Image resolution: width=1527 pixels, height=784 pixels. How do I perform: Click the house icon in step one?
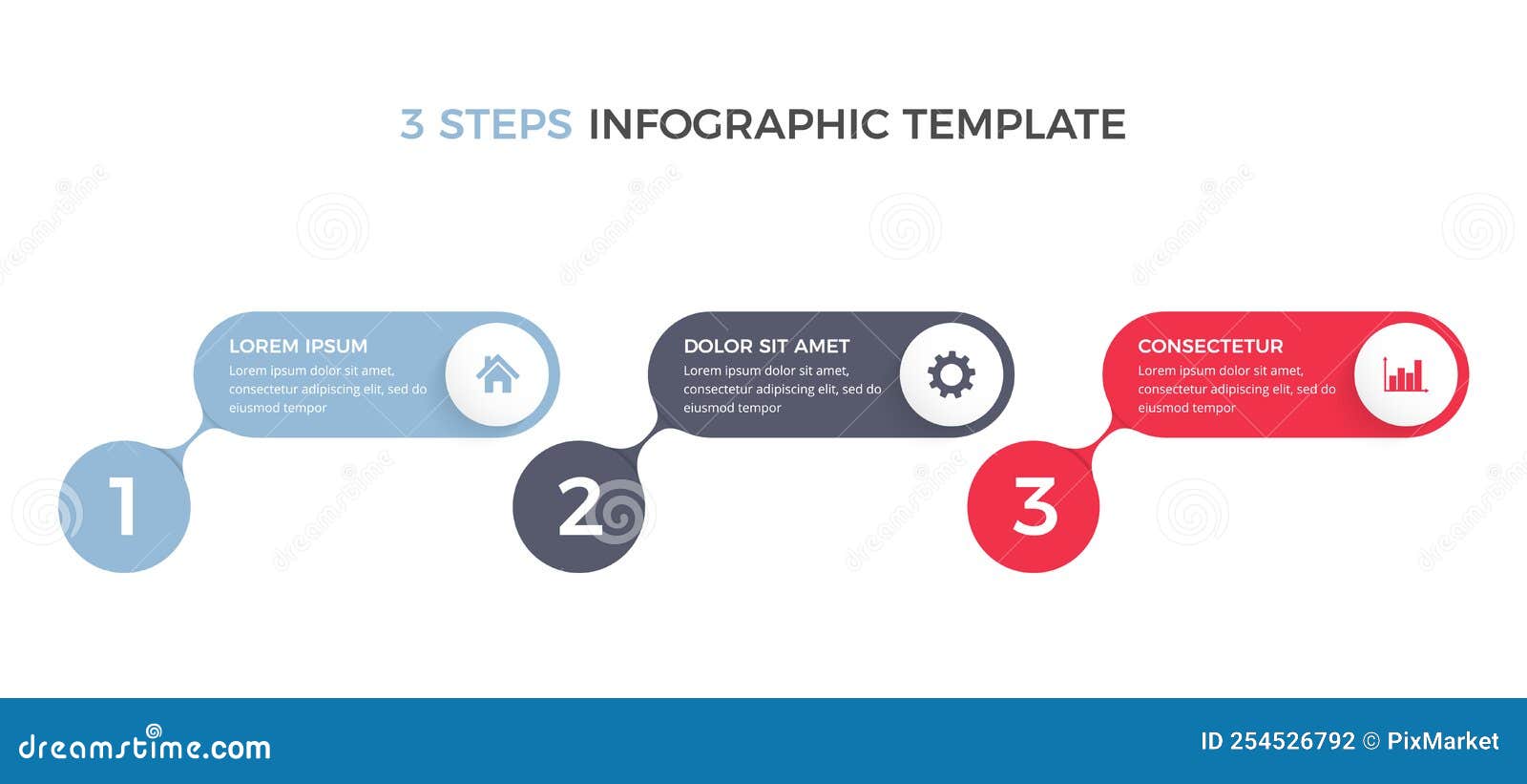pyautogui.click(x=497, y=373)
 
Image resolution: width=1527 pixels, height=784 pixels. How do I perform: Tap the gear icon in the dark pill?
pyautogui.click(x=952, y=374)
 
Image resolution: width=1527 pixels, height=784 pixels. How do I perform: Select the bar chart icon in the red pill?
pyautogui.click(x=1405, y=374)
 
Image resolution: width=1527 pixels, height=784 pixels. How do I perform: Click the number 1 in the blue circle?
pyautogui.click(x=123, y=506)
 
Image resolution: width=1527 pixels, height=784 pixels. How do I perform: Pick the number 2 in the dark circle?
pyautogui.click(x=579, y=506)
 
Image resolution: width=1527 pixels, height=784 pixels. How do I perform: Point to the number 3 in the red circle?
pyautogui.click(x=1035, y=506)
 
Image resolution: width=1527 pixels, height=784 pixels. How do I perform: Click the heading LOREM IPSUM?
pyautogui.click(x=298, y=346)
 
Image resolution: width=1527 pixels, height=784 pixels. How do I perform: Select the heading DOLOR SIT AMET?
pyautogui.click(x=766, y=346)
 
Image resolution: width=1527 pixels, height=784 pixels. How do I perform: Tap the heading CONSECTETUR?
pyautogui.click(x=1210, y=346)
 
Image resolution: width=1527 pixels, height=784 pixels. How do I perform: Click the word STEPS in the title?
pyautogui.click(x=505, y=125)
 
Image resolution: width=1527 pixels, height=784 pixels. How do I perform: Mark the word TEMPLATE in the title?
pyautogui.click(x=1014, y=125)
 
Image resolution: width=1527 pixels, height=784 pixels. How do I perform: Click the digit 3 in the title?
pyautogui.click(x=411, y=125)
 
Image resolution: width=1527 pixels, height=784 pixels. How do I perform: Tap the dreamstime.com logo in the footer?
pyautogui.click(x=144, y=746)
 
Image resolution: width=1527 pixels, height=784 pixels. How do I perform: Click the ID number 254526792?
pyautogui.click(x=1291, y=741)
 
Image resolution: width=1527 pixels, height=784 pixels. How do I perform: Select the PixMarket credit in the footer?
pyautogui.click(x=1442, y=741)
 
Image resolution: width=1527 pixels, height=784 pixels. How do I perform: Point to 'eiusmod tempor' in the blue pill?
pyautogui.click(x=278, y=408)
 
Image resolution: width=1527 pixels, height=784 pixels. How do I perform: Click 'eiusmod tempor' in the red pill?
pyautogui.click(x=1186, y=408)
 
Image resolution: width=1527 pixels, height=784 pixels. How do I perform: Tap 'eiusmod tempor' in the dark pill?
pyautogui.click(x=732, y=408)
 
